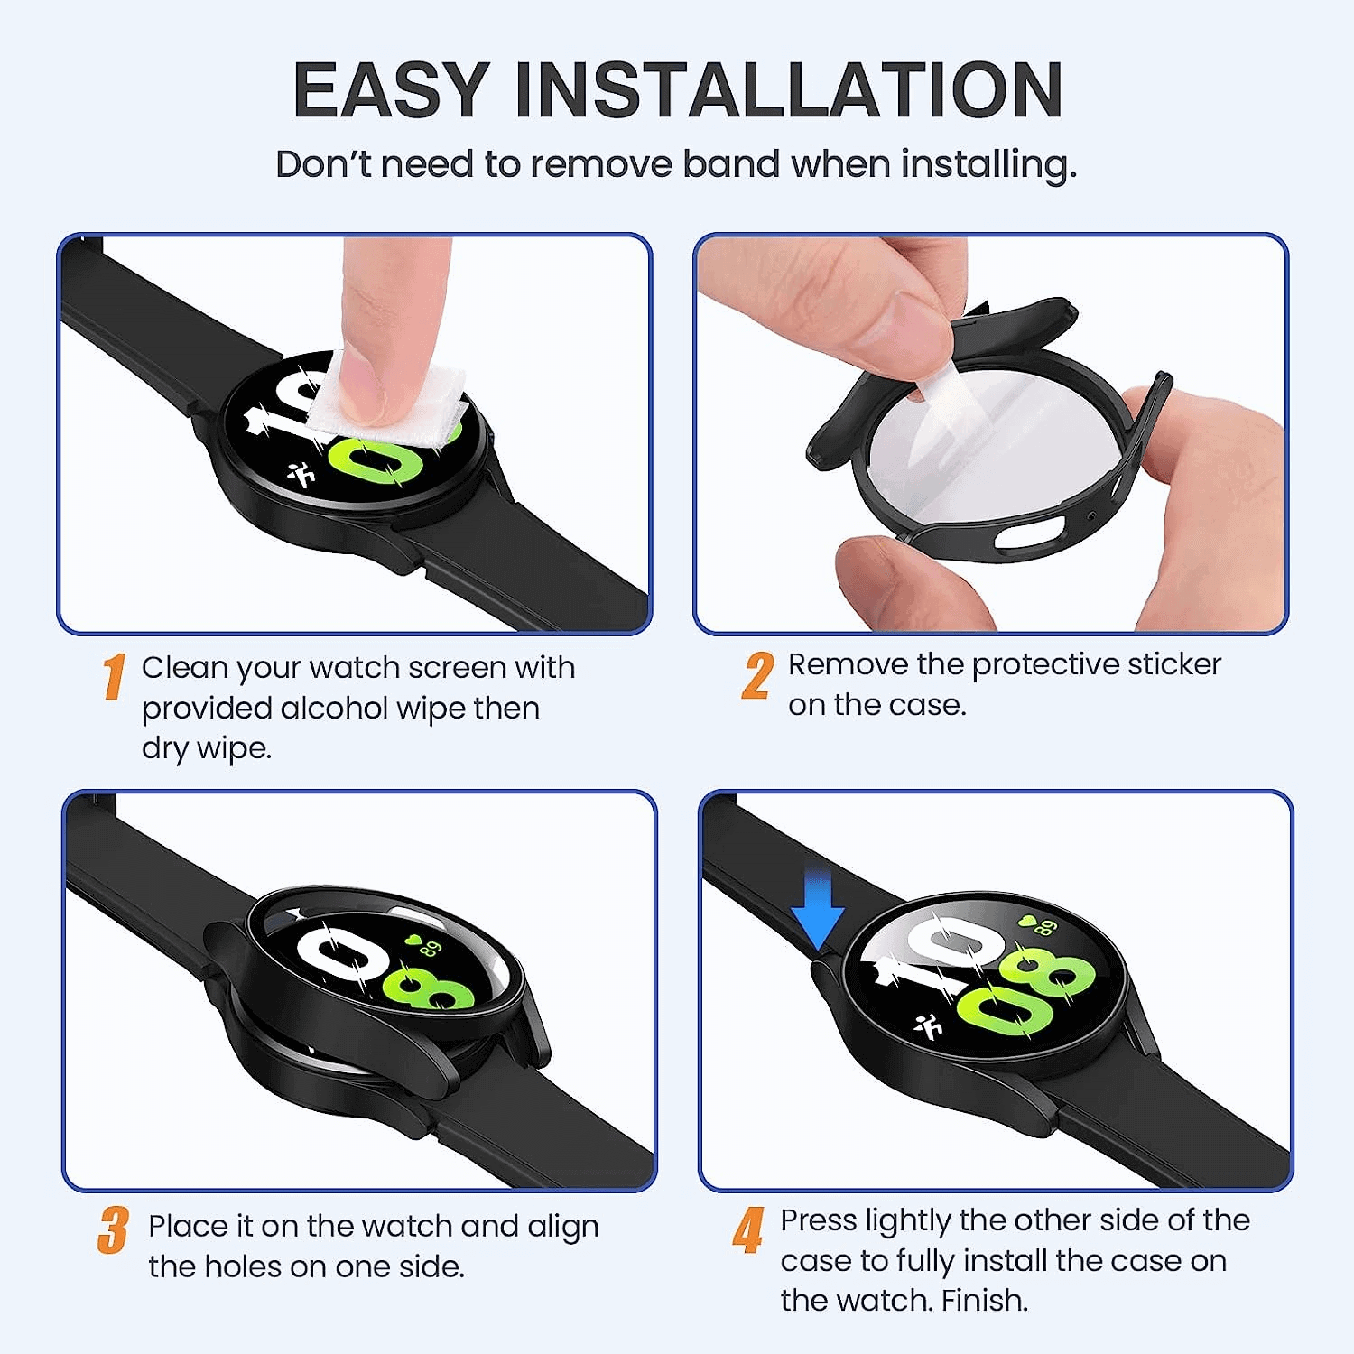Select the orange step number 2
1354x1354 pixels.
point(757,676)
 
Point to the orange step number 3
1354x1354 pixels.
point(113,1230)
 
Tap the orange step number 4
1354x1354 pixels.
point(748,1230)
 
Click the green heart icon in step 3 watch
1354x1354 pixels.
point(413,940)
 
